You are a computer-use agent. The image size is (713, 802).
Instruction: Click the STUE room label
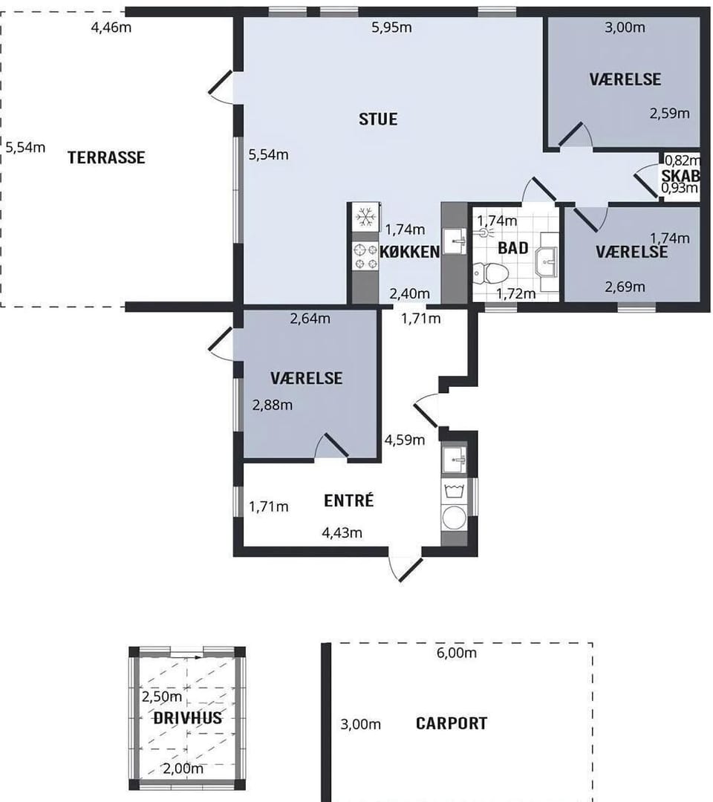click(378, 119)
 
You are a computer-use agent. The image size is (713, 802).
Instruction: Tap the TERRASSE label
click(106, 157)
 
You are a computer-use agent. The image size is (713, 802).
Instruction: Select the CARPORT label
click(451, 723)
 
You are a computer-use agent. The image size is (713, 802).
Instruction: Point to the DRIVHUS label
click(188, 717)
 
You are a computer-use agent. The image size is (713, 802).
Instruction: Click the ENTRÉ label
click(349, 500)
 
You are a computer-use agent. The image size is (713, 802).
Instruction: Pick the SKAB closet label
click(680, 175)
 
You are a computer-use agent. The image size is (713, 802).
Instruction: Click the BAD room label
click(513, 248)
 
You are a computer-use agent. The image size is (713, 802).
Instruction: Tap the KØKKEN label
click(410, 252)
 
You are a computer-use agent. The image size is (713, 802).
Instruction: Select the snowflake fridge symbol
click(365, 217)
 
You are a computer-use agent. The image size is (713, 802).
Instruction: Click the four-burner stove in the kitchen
click(365, 257)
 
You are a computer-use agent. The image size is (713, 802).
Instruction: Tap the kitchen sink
click(455, 241)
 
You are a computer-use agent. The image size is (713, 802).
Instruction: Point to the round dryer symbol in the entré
click(455, 518)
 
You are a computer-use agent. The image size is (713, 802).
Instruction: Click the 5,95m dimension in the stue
click(392, 27)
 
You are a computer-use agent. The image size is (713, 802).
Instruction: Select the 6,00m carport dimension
click(457, 653)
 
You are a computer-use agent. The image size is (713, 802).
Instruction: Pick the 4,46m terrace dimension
click(111, 27)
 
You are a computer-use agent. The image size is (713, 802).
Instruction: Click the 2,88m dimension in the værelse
click(273, 405)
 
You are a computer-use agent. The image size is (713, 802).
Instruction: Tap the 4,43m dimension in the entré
click(342, 533)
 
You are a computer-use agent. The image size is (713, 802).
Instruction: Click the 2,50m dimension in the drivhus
click(162, 697)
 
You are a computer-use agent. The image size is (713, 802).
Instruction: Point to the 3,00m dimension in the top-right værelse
click(625, 27)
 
